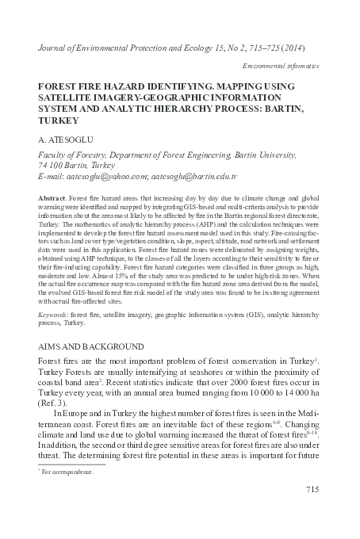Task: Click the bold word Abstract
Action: (52, 195)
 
